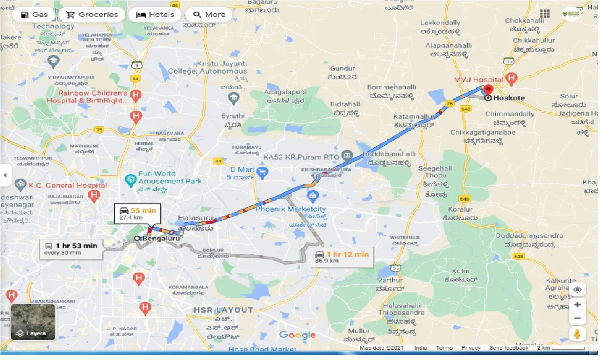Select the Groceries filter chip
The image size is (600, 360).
(x=93, y=14)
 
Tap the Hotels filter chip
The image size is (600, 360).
(x=155, y=14)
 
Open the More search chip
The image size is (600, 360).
(x=209, y=14)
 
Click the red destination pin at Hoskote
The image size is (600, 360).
(x=488, y=90)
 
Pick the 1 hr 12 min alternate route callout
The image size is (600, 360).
(x=342, y=257)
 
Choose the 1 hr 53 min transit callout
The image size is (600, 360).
(x=71, y=248)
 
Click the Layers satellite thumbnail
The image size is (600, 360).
(x=33, y=322)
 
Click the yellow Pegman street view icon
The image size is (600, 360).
(x=578, y=334)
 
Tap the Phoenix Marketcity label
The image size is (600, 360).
(x=291, y=209)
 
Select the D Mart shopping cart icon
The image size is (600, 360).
(x=262, y=173)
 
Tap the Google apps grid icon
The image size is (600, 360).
(x=545, y=14)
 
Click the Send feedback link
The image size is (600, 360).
(x=509, y=348)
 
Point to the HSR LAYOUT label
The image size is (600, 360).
(x=224, y=310)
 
